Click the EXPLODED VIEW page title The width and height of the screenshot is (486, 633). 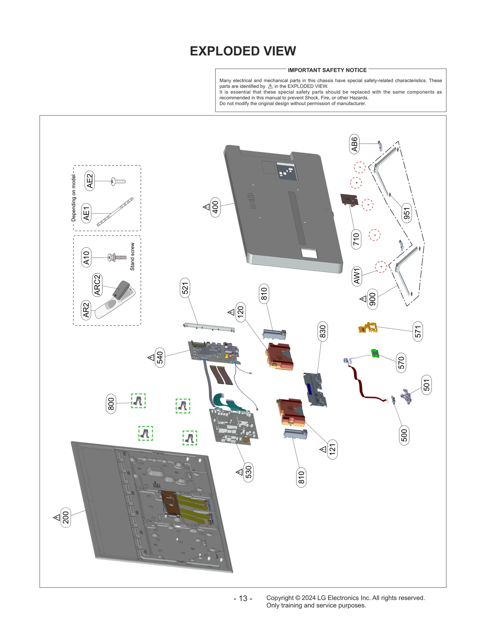pyautogui.click(x=243, y=51)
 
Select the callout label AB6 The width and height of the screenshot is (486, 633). pyautogui.click(x=354, y=144)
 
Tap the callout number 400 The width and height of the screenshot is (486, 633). pyautogui.click(x=215, y=207)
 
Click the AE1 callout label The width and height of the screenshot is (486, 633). pyautogui.click(x=87, y=213)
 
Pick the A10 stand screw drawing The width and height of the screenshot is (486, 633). pyautogui.click(x=117, y=258)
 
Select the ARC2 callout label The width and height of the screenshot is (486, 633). pyautogui.click(x=97, y=285)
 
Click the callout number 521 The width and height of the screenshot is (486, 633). pyautogui.click(x=185, y=288)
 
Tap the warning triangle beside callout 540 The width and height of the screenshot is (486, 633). pyautogui.click(x=151, y=358)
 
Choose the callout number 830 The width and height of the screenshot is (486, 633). pyautogui.click(x=322, y=331)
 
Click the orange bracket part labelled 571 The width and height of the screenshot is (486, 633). pyautogui.click(x=368, y=328)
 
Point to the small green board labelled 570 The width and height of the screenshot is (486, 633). pyautogui.click(x=375, y=353)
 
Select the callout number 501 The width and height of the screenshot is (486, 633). pyautogui.click(x=426, y=385)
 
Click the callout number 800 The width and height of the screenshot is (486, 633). pyautogui.click(x=111, y=404)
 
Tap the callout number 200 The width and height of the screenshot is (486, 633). pyautogui.click(x=66, y=517)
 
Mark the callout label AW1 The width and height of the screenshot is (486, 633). pyautogui.click(x=357, y=276)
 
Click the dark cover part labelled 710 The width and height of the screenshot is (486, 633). pyautogui.click(x=349, y=200)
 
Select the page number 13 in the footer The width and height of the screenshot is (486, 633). pyautogui.click(x=243, y=598)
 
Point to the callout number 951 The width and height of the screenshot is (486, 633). pyautogui.click(x=407, y=213)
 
